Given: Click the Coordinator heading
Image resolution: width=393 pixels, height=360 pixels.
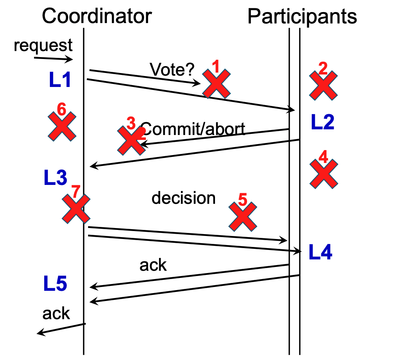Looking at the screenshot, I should (97, 16).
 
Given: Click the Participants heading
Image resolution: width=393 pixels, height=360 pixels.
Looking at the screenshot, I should (302, 16).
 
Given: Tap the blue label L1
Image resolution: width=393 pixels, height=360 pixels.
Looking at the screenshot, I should (60, 80).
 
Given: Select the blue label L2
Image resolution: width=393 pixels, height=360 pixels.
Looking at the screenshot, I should (322, 122).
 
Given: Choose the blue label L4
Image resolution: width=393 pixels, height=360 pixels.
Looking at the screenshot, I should (320, 252).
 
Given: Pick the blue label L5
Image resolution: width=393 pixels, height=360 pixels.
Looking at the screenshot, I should (55, 285).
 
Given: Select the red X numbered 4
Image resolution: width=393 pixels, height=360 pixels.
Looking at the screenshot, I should (323, 174).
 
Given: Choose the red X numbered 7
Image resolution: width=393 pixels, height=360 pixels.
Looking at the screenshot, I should (76, 209).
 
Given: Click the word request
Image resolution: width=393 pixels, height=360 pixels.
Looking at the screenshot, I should (43, 45).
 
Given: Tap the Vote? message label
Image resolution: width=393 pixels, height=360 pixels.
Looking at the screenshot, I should (172, 69).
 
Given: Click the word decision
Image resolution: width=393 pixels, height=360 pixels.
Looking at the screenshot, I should (184, 198).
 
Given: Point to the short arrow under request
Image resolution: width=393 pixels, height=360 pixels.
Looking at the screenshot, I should (53, 59).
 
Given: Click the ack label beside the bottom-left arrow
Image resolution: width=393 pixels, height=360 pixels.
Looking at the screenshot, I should (56, 313).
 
